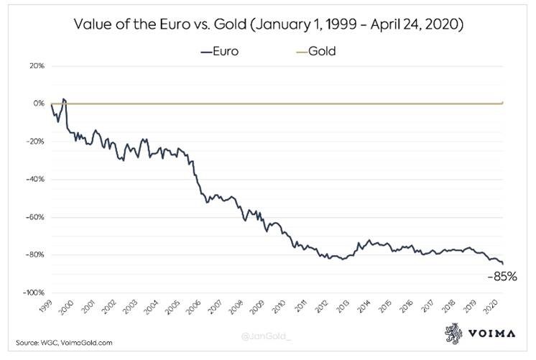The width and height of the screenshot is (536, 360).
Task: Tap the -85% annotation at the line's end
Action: [503, 276]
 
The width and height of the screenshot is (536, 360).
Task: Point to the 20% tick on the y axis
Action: [37, 66]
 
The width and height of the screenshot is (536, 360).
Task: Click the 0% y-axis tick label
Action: [39, 103]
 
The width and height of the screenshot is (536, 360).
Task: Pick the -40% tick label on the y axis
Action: [35, 179]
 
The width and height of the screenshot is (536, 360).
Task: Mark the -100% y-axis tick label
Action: [34, 292]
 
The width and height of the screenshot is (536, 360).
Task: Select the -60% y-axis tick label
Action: [35, 217]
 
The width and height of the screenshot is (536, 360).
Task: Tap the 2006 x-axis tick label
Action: [194, 308]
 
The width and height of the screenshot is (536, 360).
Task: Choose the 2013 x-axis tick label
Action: [343, 308]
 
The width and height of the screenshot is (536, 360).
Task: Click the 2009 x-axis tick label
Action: [258, 308]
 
